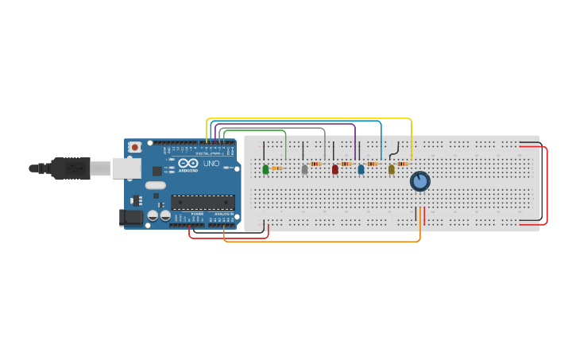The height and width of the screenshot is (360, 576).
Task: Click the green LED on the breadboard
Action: point(265,168)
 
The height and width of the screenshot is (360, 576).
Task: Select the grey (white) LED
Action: point(304,169)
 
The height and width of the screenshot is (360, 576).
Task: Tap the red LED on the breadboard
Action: point(334,169)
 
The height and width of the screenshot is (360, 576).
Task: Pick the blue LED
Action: point(361,169)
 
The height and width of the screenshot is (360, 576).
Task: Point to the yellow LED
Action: point(391,169)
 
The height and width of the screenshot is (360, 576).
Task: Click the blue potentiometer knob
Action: point(419,181)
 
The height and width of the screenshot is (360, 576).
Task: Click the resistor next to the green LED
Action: point(276,168)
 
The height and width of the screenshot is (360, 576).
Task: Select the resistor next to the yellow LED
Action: point(402,164)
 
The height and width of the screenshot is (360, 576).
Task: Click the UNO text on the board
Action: point(211,164)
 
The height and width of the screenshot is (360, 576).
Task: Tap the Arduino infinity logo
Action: point(188,163)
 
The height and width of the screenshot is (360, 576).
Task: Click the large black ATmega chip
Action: point(203,202)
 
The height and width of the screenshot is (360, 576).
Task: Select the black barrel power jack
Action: point(130,217)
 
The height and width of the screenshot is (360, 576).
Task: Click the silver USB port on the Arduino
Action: point(126,168)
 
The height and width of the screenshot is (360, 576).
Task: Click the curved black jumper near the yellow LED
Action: point(394,149)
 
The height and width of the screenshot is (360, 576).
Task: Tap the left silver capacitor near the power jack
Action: point(153,215)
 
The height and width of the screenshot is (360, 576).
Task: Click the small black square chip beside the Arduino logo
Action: point(157,170)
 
